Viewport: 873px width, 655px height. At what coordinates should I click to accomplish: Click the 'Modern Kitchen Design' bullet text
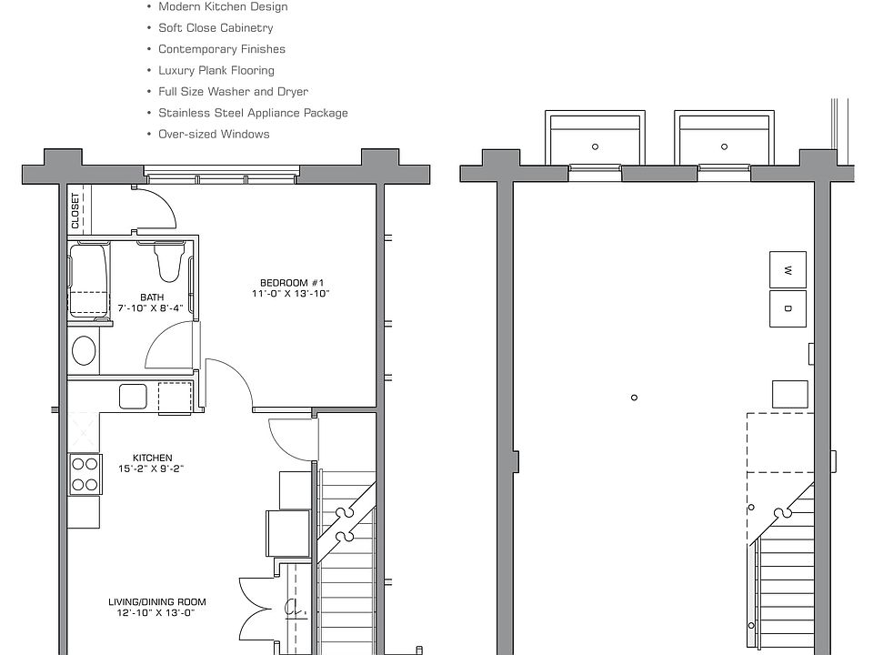click(x=223, y=7)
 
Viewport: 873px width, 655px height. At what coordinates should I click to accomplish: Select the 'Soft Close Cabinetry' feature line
click(x=216, y=28)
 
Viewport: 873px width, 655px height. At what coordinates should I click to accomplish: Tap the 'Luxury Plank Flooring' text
click(x=216, y=70)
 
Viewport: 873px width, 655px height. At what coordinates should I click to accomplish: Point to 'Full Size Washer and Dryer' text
click(x=233, y=92)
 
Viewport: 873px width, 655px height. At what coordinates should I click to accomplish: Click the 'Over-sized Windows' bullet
click(x=214, y=134)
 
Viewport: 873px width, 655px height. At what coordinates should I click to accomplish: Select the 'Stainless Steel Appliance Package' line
click(x=253, y=113)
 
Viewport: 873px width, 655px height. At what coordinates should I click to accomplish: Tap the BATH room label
click(x=152, y=297)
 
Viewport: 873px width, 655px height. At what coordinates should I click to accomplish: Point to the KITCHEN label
click(x=152, y=458)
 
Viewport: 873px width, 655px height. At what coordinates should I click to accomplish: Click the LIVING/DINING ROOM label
click(x=157, y=601)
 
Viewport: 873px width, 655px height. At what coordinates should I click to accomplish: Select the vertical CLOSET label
click(x=75, y=211)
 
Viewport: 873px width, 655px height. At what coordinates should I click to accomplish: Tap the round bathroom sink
click(x=85, y=351)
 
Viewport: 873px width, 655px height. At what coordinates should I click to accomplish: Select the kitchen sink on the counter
click(x=133, y=398)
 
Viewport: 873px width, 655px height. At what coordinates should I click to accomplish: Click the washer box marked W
click(x=788, y=269)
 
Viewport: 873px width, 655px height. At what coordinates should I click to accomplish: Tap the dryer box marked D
click(x=788, y=308)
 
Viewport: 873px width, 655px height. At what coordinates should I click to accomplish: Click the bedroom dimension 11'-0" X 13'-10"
click(x=290, y=294)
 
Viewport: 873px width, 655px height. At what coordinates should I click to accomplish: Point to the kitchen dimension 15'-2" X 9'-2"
click(x=152, y=469)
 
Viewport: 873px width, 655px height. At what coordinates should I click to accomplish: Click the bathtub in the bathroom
click(x=88, y=279)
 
